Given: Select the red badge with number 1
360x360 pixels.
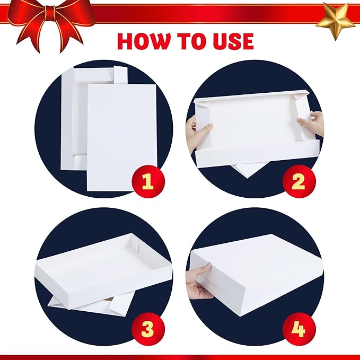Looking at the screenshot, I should tap(147, 182).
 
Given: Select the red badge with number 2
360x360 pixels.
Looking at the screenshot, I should tap(298, 182).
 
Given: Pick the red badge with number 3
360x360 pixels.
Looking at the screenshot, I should tap(147, 329).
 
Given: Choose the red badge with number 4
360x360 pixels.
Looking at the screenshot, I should tap(298, 329).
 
